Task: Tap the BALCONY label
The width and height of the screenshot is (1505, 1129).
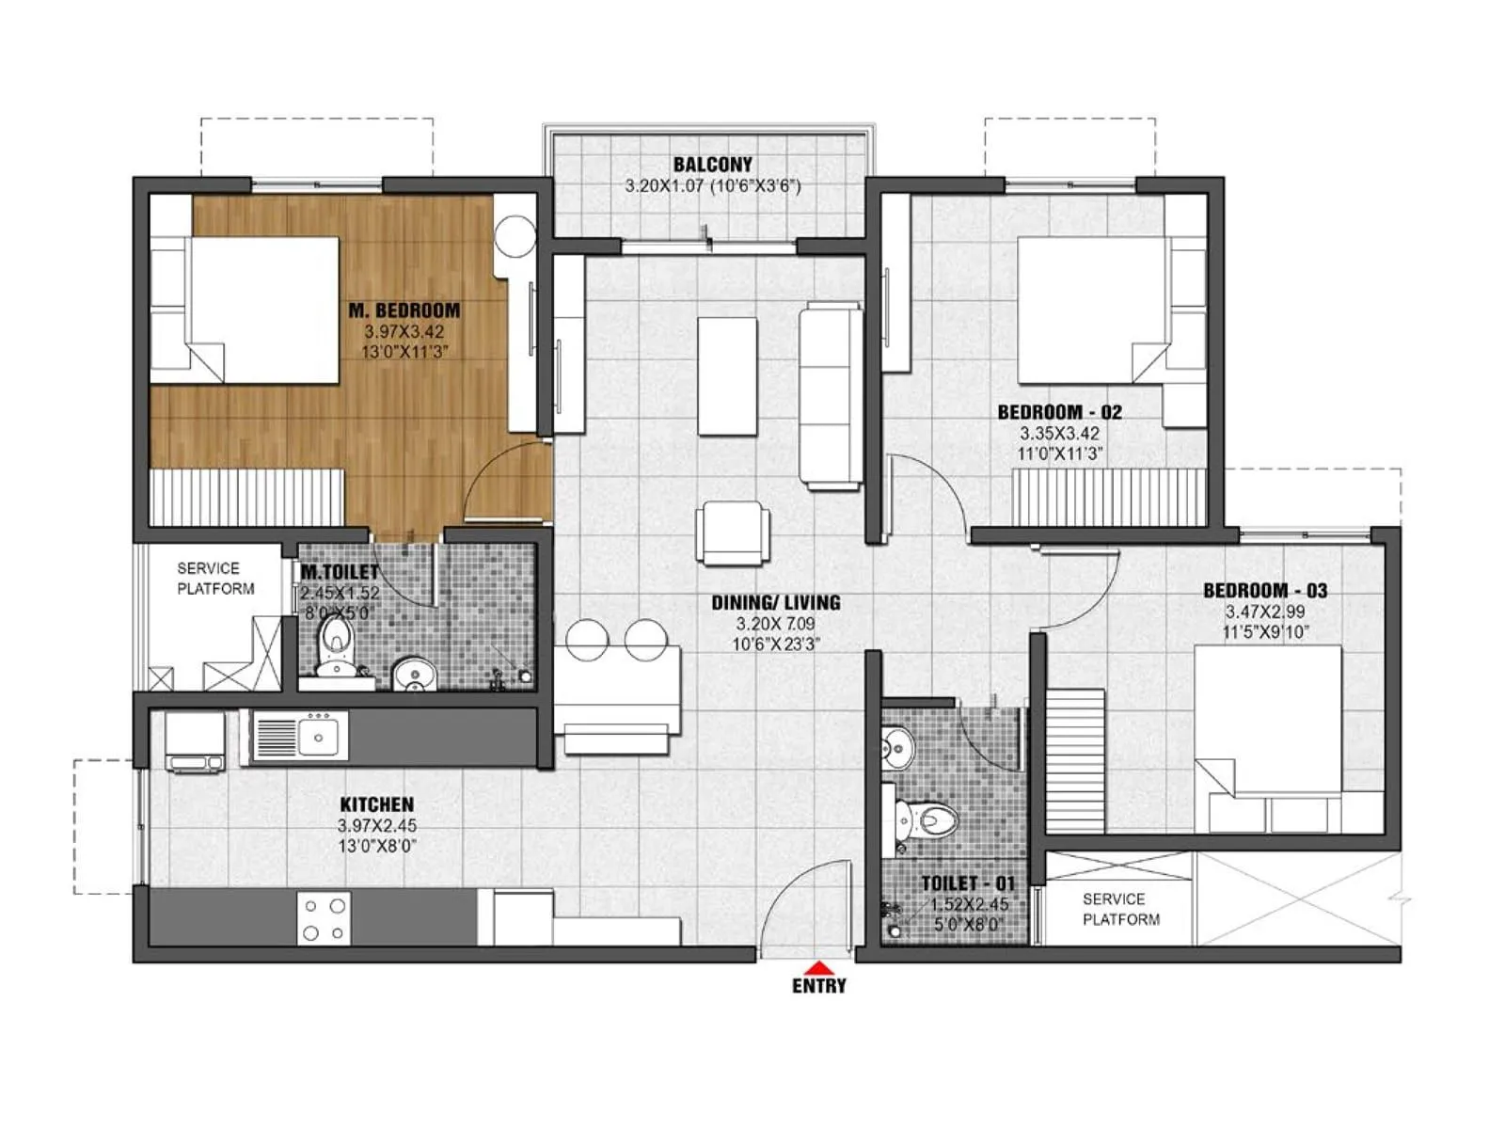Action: pyautogui.click(x=712, y=165)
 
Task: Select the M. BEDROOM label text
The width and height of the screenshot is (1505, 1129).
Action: pyautogui.click(x=404, y=310)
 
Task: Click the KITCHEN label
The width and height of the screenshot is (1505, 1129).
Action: pyautogui.click(x=376, y=804)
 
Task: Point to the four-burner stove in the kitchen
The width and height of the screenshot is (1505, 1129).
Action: pyautogui.click(x=324, y=919)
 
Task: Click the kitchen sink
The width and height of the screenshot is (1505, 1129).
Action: pyautogui.click(x=317, y=735)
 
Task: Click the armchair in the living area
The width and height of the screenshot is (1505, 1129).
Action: pyautogui.click(x=732, y=533)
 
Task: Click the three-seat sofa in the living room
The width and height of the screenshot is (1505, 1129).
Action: pyautogui.click(x=831, y=396)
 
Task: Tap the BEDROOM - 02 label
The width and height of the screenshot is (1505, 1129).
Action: pyautogui.click(x=1059, y=412)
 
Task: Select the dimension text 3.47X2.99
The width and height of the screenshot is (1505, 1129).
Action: pyautogui.click(x=1264, y=612)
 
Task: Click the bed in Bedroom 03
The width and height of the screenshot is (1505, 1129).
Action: pyautogui.click(x=1267, y=736)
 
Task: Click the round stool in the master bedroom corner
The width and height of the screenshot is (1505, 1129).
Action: pyautogui.click(x=515, y=235)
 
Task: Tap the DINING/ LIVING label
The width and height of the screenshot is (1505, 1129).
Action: pyautogui.click(x=775, y=603)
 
